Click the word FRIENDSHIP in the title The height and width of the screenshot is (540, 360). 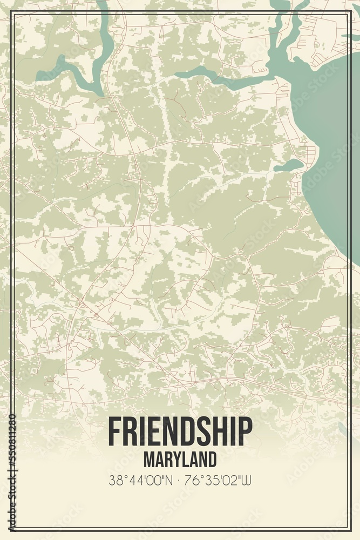coord(180,431)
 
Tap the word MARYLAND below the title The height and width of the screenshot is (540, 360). coord(180,460)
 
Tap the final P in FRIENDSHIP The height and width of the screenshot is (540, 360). coord(246,431)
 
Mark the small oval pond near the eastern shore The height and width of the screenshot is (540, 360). coord(289,165)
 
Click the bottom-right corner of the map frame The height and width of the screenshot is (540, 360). coord(350,530)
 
